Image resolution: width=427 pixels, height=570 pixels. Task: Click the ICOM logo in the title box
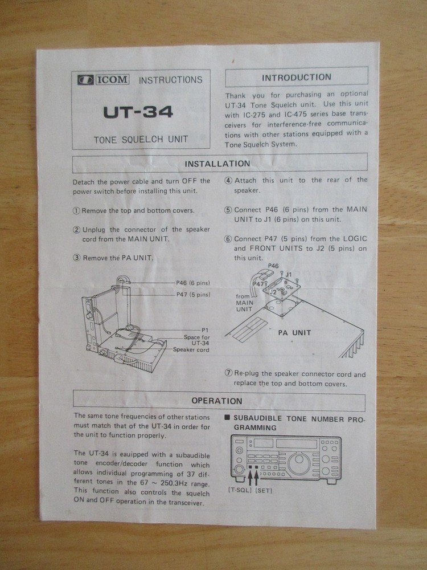[104, 80]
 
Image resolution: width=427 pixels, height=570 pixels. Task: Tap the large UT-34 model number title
[138, 112]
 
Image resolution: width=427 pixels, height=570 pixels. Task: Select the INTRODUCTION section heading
[296, 78]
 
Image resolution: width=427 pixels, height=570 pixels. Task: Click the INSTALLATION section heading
[217, 164]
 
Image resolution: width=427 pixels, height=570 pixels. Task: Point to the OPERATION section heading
[217, 401]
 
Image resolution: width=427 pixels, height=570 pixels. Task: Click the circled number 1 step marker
[76, 210]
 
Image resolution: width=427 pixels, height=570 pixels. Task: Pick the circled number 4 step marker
[228, 181]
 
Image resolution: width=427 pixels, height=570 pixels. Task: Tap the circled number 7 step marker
[228, 374]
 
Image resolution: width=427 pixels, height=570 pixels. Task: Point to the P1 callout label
[206, 330]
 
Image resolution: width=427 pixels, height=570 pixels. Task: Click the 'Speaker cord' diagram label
[191, 349]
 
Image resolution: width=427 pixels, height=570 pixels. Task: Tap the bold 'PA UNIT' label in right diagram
[294, 332]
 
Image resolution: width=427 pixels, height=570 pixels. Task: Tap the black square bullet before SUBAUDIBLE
[228, 418]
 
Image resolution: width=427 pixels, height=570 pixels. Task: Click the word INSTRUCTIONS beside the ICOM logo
[170, 80]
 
